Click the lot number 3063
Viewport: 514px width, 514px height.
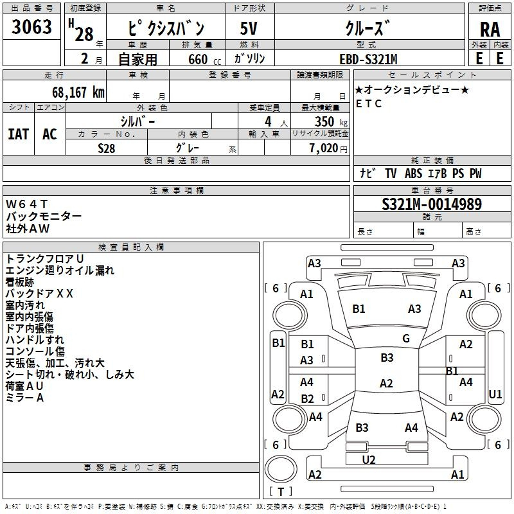[31, 28]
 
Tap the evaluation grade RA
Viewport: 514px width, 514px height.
[490, 30]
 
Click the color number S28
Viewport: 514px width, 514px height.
[107, 148]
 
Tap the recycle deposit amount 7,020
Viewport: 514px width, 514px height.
[324, 148]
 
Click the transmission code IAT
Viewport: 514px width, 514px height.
[18, 134]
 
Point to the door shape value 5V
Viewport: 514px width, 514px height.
[249, 29]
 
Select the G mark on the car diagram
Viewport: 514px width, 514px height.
[406, 339]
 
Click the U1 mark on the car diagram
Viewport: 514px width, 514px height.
[495, 394]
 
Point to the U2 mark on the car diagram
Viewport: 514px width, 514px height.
[369, 459]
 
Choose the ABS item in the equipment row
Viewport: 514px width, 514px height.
[413, 173]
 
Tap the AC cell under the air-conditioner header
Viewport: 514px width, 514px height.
[49, 134]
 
